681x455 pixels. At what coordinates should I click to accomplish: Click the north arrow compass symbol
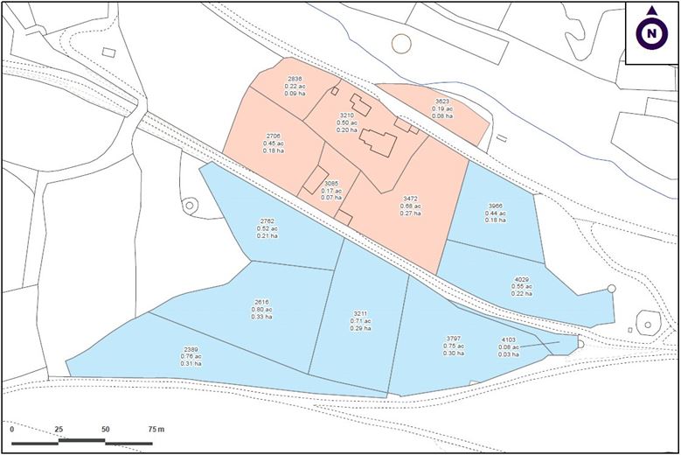[x=651, y=33]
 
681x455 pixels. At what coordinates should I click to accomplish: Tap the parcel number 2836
[x=295, y=80]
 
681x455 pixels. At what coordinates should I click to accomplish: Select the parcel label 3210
[x=346, y=115]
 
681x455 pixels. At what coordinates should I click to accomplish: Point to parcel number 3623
[x=442, y=101]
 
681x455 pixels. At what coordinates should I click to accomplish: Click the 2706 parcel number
[x=274, y=136]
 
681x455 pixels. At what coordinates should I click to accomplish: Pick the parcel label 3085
[x=331, y=184]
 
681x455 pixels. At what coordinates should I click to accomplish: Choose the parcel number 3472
[x=411, y=199]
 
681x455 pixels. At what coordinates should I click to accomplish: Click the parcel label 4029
[x=523, y=280]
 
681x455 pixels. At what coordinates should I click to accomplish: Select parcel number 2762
[x=268, y=221]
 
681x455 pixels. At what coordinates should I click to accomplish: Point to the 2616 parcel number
[x=261, y=302]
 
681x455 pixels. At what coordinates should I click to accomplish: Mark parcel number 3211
[x=361, y=313]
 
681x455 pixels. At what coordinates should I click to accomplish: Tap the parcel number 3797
[x=453, y=338]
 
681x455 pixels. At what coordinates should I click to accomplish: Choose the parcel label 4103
[x=509, y=339]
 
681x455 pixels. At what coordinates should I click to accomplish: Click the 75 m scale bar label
[x=155, y=430]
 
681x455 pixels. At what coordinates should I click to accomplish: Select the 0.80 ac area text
[x=261, y=309]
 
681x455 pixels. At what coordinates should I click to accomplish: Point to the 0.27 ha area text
[x=411, y=213]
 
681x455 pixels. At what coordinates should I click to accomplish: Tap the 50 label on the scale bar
[x=105, y=430]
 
